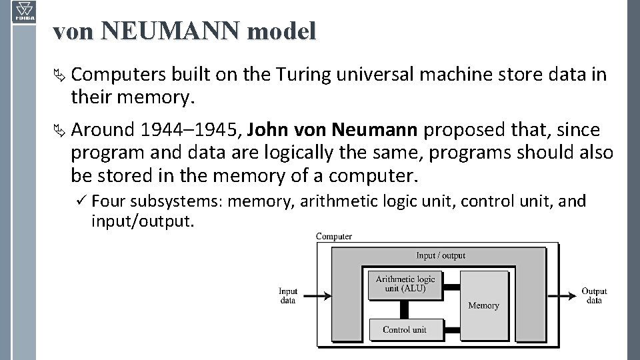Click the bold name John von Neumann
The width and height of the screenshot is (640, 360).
(335, 129)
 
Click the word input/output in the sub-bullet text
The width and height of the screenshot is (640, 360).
(143, 221)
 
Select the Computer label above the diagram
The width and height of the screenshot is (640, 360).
(334, 236)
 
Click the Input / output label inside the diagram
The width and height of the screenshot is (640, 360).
(441, 255)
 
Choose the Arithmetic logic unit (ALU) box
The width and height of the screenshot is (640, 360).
(405, 284)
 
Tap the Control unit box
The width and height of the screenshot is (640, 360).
(405, 329)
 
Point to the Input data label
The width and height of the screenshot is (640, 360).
(288, 295)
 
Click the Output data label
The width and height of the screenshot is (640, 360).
(594, 295)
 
